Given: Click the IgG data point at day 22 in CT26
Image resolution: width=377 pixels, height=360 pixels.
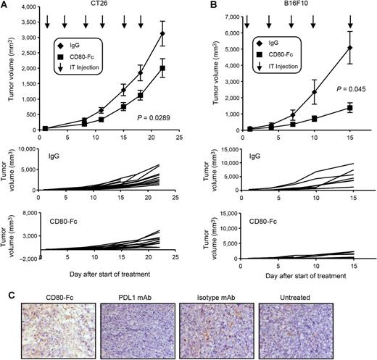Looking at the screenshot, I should coord(162,33).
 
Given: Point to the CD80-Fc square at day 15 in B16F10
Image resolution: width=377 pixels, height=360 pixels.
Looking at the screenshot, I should coord(351,108).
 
